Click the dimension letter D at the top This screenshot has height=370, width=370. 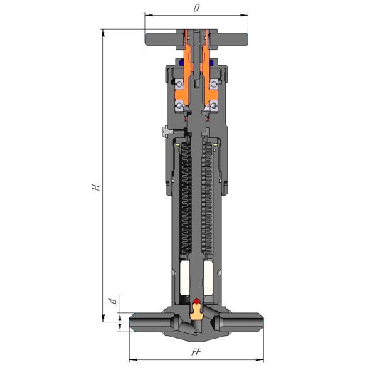coord(196,8)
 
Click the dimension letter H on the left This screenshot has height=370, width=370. coord(96,187)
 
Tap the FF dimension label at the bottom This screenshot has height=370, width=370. coord(196,352)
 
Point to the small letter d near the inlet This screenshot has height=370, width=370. coord(113,301)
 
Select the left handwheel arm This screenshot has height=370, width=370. coord(164,39)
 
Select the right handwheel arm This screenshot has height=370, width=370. coord(228,39)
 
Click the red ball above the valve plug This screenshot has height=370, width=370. coord(196,301)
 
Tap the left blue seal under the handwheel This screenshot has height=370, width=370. coord(181,63)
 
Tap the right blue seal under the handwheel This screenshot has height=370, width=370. coord(211,63)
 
